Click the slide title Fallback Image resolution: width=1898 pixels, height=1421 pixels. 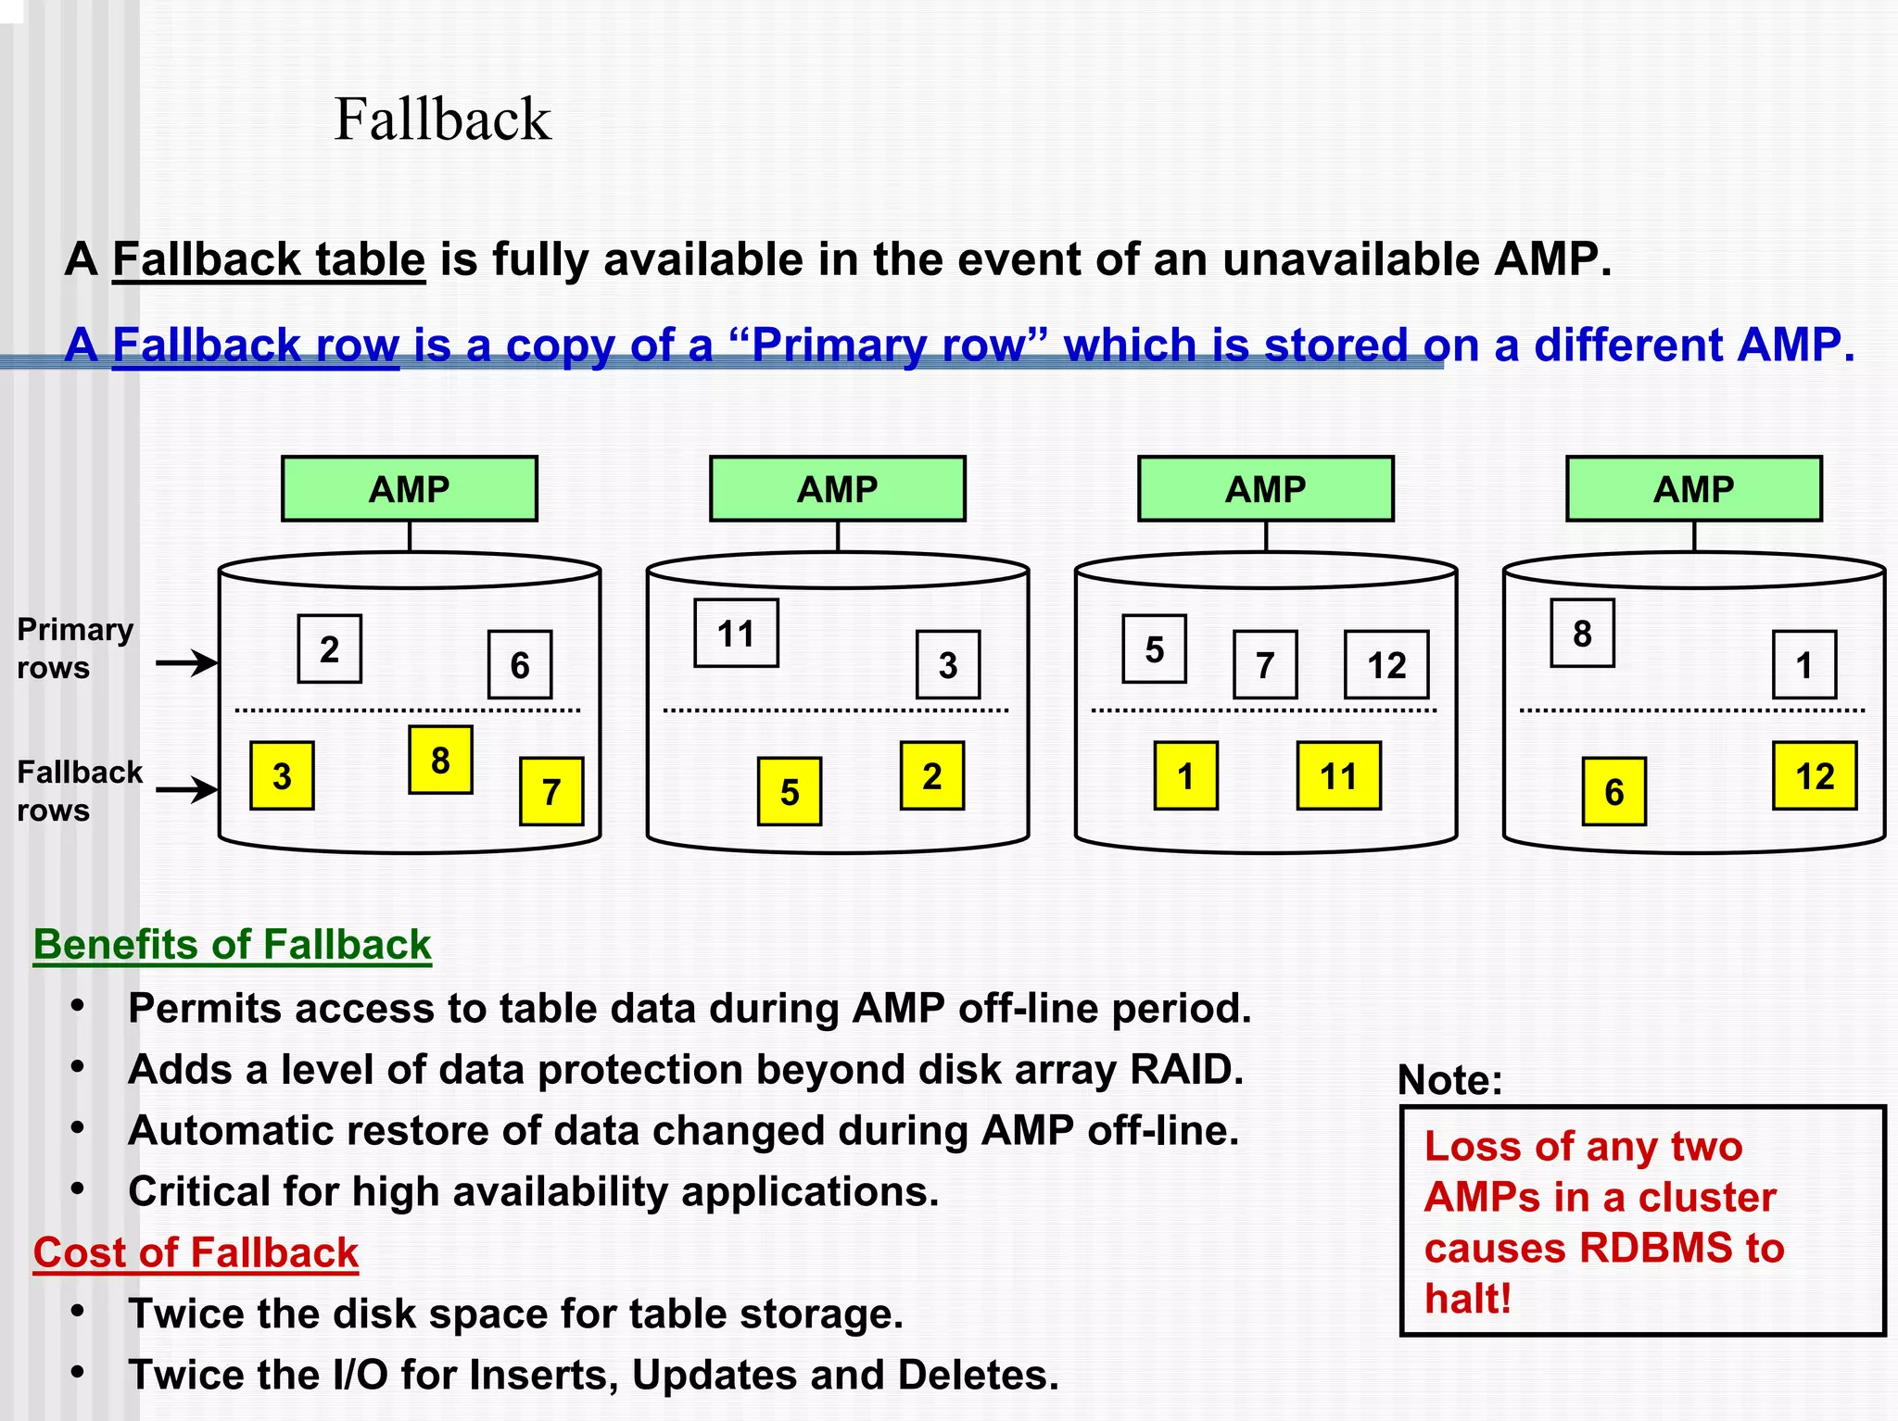pyautogui.click(x=442, y=119)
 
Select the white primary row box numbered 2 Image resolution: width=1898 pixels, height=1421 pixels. pyautogui.click(x=329, y=649)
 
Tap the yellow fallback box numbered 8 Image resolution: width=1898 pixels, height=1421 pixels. pyautogui.click(x=440, y=760)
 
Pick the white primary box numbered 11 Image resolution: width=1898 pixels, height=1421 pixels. pyautogui.click(x=736, y=634)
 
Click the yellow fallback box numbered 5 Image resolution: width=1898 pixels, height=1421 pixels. pyautogui.click(x=789, y=791)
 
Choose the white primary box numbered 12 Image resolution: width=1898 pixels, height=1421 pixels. pyautogui.click(x=1386, y=665)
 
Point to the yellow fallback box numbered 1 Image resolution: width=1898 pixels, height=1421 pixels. pyautogui.click(x=1185, y=775)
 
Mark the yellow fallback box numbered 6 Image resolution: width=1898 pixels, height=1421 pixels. pyautogui.click(x=1613, y=791)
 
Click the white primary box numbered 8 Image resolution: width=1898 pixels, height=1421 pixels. pyautogui.click(x=1582, y=634)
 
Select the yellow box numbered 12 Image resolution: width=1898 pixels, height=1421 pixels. pyautogui.click(x=1814, y=775)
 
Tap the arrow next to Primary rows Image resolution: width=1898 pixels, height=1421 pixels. pyautogui.click(x=186, y=662)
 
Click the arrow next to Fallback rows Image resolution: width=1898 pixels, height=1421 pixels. pyautogui.click(x=186, y=789)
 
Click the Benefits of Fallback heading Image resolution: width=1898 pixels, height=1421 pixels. pyautogui.click(x=232, y=945)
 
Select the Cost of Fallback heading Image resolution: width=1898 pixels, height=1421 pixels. pyautogui.click(x=196, y=1252)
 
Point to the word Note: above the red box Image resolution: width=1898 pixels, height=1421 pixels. pyautogui.click(x=1449, y=1080)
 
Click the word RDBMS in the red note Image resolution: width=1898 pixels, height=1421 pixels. pyautogui.click(x=1655, y=1248)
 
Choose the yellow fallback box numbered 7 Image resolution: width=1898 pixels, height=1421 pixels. pyautogui.click(x=551, y=791)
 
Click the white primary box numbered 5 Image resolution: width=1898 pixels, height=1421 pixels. pyautogui.click(x=1154, y=649)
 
